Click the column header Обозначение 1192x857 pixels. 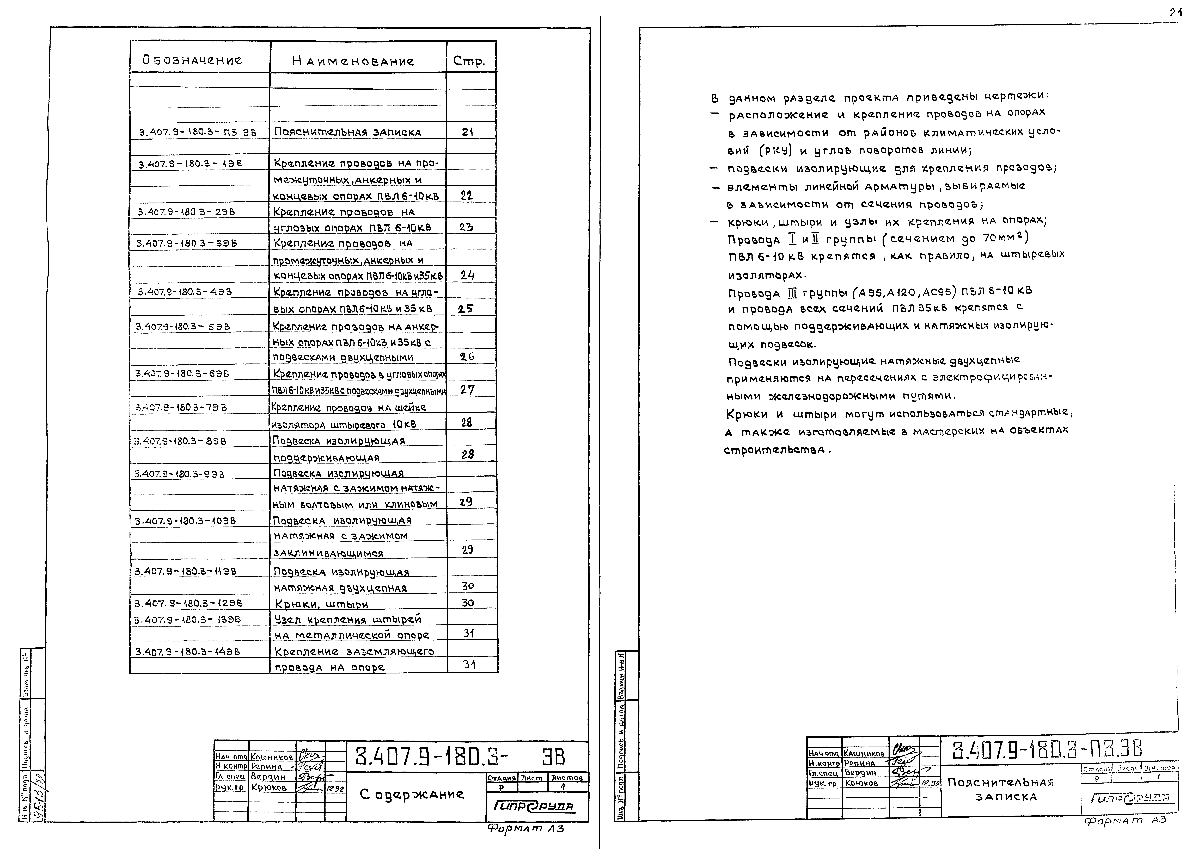pos(192,60)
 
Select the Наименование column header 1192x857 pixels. pos(353,61)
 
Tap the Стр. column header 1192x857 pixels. pos(468,61)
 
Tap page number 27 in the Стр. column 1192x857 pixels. pos(467,390)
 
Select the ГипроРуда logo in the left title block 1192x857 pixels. pos(533,807)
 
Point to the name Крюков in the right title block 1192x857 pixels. pos(861,783)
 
